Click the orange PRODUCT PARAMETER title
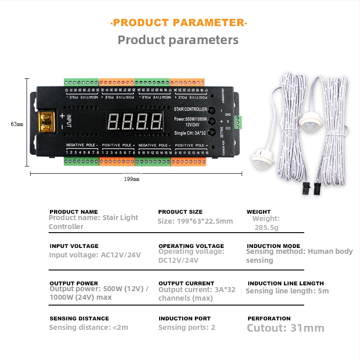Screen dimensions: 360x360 179,23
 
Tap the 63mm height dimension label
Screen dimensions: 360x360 17,124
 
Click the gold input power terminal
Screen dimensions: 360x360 45,121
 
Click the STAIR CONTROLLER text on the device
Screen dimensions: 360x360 190,109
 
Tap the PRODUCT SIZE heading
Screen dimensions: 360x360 180,212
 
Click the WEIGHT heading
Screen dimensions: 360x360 259,212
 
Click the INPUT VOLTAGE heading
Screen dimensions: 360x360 74,246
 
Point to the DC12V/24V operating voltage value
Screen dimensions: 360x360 178,261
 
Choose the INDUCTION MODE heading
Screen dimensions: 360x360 274,246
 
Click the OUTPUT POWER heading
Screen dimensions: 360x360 73,283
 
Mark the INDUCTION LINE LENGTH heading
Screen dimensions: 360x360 286,283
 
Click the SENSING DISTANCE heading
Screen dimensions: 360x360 79,319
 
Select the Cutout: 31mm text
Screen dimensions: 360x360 285,328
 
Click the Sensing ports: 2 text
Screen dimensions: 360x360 186,328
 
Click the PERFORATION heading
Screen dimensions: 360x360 269,319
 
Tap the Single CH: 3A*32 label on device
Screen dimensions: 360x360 190,133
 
